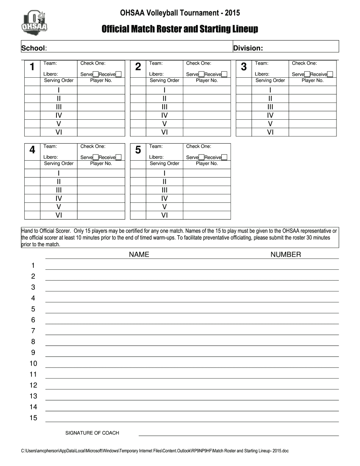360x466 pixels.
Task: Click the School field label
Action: click(34, 48)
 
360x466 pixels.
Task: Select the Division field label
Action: click(248, 48)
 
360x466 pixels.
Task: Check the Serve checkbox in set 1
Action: click(96, 74)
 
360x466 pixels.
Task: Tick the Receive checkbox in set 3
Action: click(330, 74)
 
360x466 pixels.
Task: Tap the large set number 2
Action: click(138, 67)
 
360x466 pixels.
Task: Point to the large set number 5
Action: click(138, 150)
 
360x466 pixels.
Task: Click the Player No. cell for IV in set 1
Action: click(101, 115)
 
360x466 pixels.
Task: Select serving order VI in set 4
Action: click(59, 215)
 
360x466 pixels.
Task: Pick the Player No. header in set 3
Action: click(312, 80)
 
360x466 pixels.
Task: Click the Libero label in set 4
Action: click(50, 157)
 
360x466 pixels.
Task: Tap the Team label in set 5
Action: click(156, 146)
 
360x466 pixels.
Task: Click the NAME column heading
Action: click(139, 255)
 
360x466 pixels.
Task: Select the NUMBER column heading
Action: click(286, 255)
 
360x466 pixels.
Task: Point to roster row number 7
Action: click(33, 331)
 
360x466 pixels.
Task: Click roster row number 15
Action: click(33, 418)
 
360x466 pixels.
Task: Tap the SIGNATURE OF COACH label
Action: click(92, 433)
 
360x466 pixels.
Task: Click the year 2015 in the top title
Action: click(232, 13)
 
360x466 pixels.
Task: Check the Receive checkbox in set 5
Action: click(224, 157)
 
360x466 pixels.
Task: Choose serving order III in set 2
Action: click(164, 107)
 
